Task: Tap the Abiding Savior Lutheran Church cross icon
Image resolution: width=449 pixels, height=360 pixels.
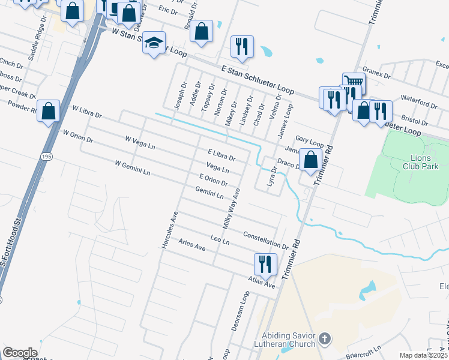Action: click(324, 339)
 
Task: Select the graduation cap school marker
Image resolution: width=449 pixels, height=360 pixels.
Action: click(154, 43)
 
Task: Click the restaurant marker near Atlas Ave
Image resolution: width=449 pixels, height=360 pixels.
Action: click(265, 263)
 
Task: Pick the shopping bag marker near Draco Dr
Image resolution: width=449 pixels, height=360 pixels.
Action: click(310, 160)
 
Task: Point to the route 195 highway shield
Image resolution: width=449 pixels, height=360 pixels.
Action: click(46, 156)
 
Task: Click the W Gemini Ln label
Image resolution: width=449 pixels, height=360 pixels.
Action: click(132, 167)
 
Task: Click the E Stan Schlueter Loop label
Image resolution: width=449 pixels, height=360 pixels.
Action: click(257, 79)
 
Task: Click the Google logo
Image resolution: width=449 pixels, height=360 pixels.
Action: click(20, 353)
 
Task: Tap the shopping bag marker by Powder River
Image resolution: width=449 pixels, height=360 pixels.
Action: click(49, 111)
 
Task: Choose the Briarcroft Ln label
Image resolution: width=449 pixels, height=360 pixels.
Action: click(367, 349)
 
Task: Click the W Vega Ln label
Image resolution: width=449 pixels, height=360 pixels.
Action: click(140, 143)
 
